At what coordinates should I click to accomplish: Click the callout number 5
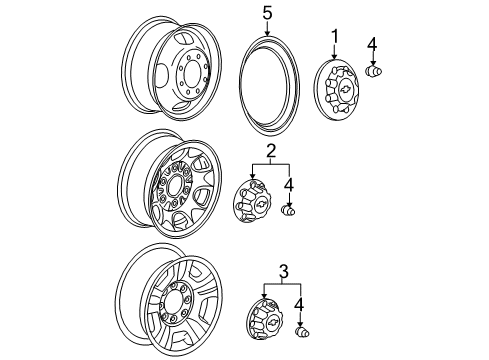pyautogui.click(x=267, y=14)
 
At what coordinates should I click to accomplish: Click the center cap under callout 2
pyautogui.click(x=255, y=208)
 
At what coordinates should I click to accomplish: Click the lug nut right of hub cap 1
pyautogui.click(x=376, y=73)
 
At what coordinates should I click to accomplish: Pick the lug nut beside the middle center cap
pyautogui.click(x=292, y=210)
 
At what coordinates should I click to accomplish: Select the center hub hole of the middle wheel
pyautogui.click(x=176, y=185)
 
